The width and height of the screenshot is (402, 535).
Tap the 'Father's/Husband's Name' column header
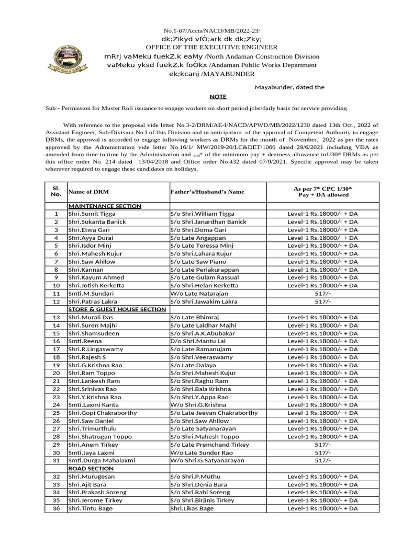(207, 192)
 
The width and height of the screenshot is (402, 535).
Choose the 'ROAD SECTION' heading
(91, 469)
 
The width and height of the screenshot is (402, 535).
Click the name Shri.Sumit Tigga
(92, 214)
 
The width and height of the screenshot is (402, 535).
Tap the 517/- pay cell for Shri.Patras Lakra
(323, 301)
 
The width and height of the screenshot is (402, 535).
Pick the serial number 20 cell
(56, 373)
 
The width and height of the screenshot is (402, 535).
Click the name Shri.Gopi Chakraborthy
(103, 413)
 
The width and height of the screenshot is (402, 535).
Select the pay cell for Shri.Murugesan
(323, 476)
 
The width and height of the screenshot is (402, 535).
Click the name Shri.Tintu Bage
(89, 508)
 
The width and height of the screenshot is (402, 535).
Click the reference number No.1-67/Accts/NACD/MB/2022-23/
(211, 31)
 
